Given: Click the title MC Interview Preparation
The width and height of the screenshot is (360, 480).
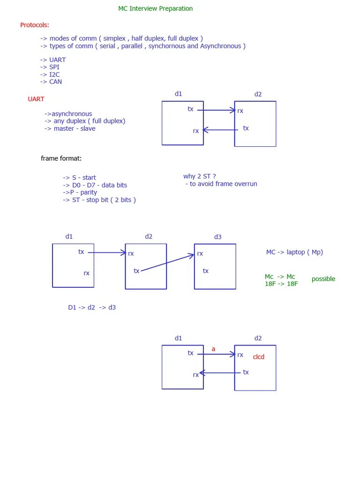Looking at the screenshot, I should [x=155, y=8].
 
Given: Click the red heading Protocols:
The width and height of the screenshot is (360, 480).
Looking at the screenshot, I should [x=35, y=25].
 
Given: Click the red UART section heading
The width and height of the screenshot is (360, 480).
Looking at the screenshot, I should [x=36, y=99].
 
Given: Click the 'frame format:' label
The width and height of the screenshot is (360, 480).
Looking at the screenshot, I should [x=61, y=158].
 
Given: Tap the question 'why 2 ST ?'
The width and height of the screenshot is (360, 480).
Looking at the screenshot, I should [x=200, y=176].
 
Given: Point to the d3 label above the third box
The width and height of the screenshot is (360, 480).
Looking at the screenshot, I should [x=217, y=237].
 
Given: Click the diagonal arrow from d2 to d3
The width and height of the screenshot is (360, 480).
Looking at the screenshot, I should [x=167, y=263].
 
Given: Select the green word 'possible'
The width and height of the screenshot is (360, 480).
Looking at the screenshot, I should [x=323, y=279].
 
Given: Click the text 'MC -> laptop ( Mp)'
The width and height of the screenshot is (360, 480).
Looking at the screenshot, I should [x=294, y=252].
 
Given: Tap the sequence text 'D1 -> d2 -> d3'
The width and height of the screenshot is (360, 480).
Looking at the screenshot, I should [x=92, y=307].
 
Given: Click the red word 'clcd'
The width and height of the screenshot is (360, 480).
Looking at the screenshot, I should [x=259, y=357].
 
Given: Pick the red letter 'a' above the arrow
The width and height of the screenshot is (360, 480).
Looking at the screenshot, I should [x=213, y=349].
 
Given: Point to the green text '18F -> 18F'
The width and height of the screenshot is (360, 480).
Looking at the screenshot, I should [x=281, y=284].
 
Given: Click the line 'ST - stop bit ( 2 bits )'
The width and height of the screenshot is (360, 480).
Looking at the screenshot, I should [x=99, y=200].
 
